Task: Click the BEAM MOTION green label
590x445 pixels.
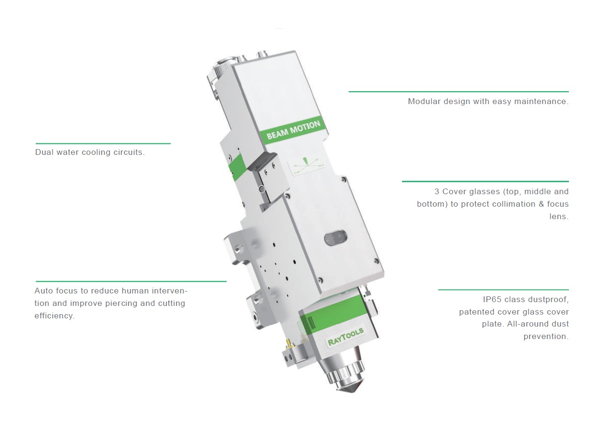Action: pos(293,130)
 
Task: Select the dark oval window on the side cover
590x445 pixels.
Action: pos(336,237)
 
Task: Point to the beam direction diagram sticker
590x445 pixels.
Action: pos(306,165)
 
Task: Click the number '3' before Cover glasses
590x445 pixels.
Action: pos(437,191)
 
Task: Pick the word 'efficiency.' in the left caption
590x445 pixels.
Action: pos(55,316)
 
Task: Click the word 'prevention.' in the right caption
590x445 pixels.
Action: pos(546,336)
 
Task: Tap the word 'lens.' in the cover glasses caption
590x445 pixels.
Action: pos(559,216)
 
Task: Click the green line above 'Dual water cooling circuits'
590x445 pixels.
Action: pos(103,143)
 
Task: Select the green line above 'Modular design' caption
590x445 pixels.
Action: pos(459,92)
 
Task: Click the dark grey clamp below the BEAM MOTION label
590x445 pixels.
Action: pos(261,162)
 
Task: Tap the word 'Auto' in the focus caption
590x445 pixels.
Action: pos(44,291)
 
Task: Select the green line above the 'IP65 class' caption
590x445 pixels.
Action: pos(503,290)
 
